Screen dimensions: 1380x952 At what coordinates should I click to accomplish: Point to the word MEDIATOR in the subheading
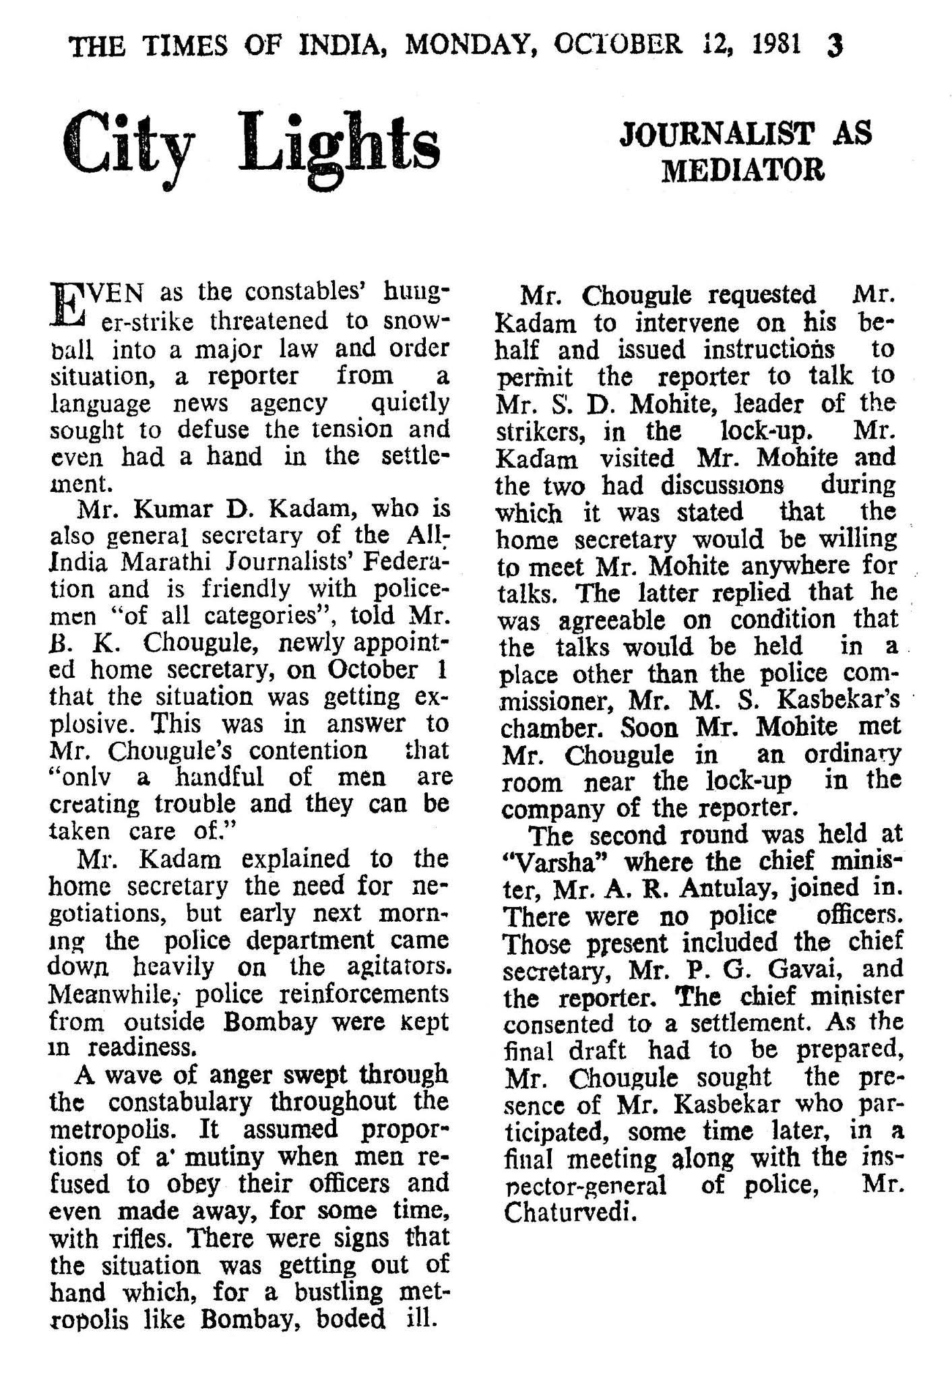click(x=743, y=170)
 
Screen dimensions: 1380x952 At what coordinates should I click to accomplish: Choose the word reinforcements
click(x=363, y=994)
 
